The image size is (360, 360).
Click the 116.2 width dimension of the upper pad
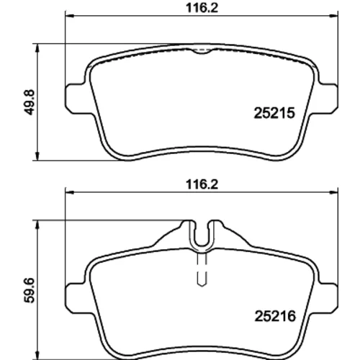click(x=202, y=8)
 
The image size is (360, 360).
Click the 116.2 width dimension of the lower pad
click(x=202, y=184)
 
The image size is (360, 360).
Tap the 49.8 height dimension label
click(x=30, y=102)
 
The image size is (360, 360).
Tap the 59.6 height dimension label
click(x=30, y=290)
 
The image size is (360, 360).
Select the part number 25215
click(x=274, y=113)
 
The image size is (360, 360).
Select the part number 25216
click(x=275, y=316)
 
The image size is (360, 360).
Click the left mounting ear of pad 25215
click(x=76, y=98)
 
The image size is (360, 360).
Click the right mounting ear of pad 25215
click(x=328, y=98)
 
